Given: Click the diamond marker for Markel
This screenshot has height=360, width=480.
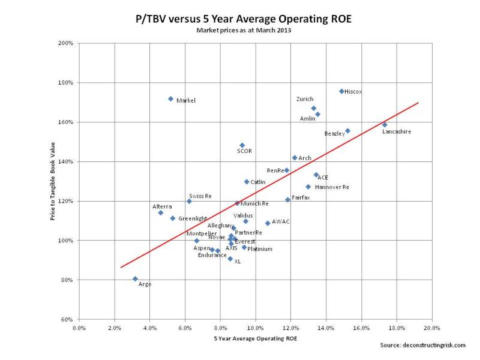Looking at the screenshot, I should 171,98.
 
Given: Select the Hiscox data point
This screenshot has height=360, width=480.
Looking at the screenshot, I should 341,91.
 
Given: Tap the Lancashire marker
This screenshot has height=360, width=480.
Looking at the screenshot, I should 385,125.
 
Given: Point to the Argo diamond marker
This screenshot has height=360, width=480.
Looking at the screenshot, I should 135,278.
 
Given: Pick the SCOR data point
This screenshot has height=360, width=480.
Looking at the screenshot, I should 242,145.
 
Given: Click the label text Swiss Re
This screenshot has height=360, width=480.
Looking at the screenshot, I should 200,196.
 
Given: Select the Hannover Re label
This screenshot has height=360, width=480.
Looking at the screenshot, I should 332,187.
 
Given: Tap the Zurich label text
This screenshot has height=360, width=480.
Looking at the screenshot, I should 305,99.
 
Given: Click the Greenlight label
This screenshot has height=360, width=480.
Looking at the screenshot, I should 193,218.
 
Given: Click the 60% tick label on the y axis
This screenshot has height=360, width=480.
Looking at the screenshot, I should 67,319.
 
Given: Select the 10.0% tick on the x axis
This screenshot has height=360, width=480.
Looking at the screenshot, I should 256,328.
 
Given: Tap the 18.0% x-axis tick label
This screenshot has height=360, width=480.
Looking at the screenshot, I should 397,328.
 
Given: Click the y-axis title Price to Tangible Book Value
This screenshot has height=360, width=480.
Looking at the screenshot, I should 54,181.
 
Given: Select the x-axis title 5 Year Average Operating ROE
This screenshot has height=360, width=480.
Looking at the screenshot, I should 255,339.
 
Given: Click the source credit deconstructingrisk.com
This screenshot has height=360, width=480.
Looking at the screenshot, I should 423,345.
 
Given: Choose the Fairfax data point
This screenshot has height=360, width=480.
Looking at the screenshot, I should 287,200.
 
